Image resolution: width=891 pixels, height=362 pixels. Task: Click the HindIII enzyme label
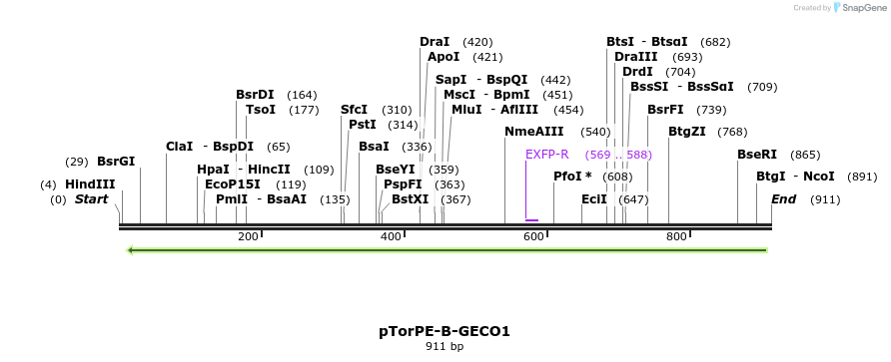pyautogui.click(x=90, y=184)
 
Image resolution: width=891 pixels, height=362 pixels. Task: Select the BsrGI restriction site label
pyautogui.click(x=116, y=162)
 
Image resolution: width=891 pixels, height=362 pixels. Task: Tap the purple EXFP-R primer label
pyautogui.click(x=547, y=155)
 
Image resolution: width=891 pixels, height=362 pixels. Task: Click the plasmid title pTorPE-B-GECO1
pyautogui.click(x=445, y=331)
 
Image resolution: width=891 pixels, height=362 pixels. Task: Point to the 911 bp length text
pyautogui.click(x=445, y=347)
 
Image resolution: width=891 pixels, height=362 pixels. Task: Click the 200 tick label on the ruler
pyautogui.click(x=248, y=236)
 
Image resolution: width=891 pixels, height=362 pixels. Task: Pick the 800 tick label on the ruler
pyautogui.click(x=676, y=236)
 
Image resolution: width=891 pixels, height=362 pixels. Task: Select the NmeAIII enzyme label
pyautogui.click(x=534, y=132)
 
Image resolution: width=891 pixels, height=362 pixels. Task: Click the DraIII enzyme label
pyautogui.click(x=636, y=57)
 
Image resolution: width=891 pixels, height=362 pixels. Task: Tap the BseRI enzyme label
pyautogui.click(x=757, y=155)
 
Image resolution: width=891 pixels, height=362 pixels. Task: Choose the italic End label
pyautogui.click(x=784, y=199)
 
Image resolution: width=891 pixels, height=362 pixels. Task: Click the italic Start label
pyautogui.click(x=91, y=199)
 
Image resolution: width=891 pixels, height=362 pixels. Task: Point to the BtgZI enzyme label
pyautogui.click(x=687, y=132)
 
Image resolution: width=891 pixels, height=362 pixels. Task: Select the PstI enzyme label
pyautogui.click(x=363, y=125)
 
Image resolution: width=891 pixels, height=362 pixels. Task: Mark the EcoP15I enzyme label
pyautogui.click(x=233, y=184)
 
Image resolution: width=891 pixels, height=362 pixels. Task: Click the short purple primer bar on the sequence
pyautogui.click(x=531, y=219)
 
